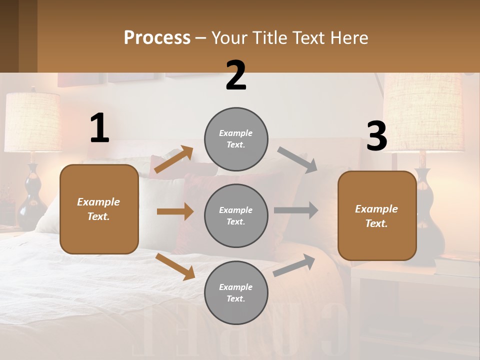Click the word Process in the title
click(157, 38)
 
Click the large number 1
click(99, 128)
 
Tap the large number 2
click(236, 75)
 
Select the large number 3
click(376, 136)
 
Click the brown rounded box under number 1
click(99, 209)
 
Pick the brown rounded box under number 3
click(377, 215)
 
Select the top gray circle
click(236, 139)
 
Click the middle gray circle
click(236, 215)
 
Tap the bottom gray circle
click(236, 292)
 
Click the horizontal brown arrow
click(175, 211)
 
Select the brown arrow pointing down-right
click(175, 266)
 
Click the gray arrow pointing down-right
click(297, 159)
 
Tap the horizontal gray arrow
click(295, 210)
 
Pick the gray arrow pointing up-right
click(294, 265)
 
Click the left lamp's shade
click(32, 122)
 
